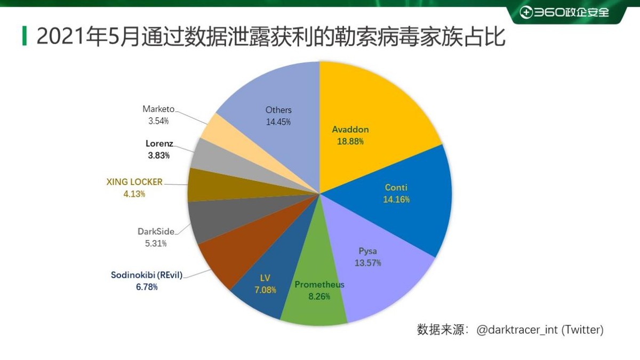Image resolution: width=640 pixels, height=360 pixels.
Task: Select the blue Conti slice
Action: [x=411, y=213]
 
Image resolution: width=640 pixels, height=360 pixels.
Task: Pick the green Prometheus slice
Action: [x=315, y=304]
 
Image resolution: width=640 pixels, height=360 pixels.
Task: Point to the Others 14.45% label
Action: [x=278, y=116]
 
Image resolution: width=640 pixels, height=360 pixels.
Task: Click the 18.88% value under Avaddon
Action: [x=350, y=142]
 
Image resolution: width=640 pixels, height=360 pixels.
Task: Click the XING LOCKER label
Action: [x=134, y=182]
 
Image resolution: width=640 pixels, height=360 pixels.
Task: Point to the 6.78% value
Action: [x=146, y=287]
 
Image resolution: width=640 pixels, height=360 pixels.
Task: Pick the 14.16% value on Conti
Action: [x=396, y=199]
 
